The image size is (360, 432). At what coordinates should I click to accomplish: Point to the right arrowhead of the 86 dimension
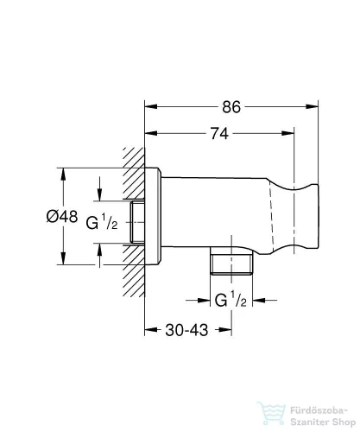click(315, 107)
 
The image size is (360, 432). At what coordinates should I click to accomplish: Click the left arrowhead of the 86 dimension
click(149, 107)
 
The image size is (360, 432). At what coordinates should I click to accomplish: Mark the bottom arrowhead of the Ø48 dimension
click(62, 261)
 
